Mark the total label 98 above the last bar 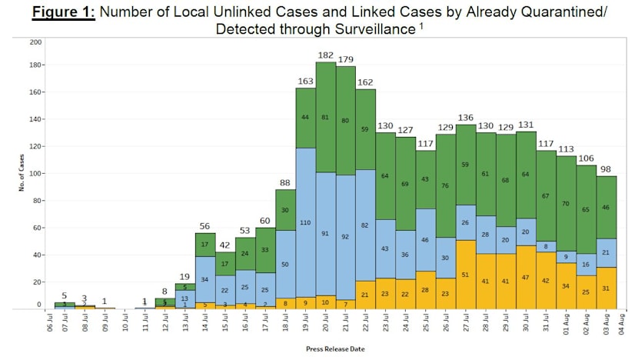606,169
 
